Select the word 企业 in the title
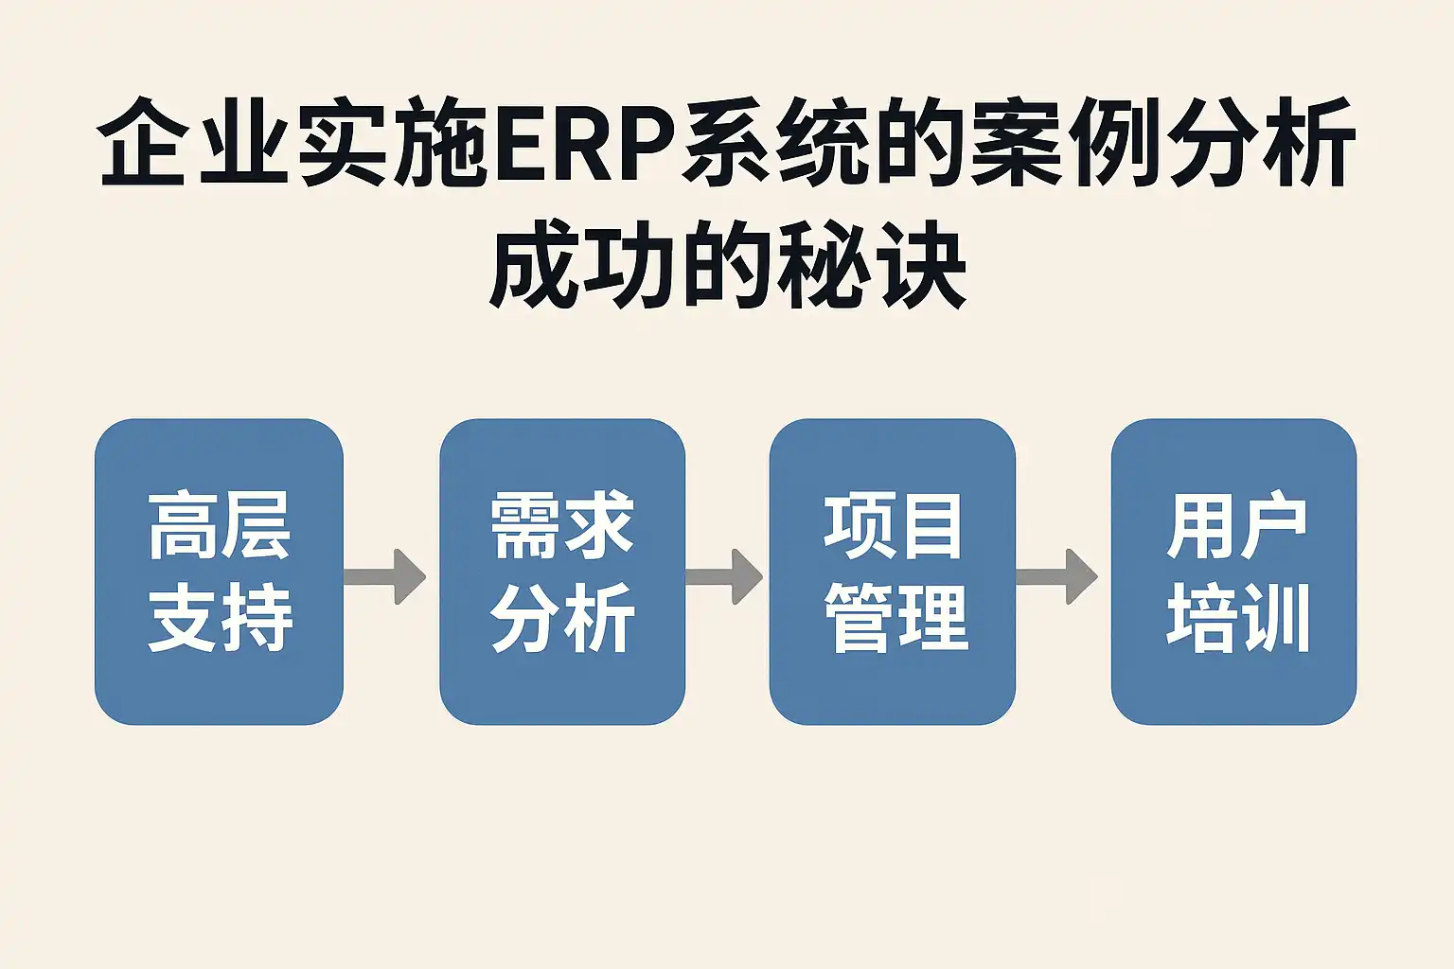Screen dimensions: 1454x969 [x=193, y=143]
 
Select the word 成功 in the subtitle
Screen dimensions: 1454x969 [x=583, y=265]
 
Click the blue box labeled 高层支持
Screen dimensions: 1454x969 [x=219, y=572]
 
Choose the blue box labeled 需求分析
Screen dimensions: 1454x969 [x=562, y=572]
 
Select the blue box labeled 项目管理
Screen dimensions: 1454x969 [x=893, y=572]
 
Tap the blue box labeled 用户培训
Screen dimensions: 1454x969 [x=1234, y=572]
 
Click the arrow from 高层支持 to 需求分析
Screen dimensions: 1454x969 [x=384, y=576]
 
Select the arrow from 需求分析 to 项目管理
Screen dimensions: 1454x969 [x=724, y=576]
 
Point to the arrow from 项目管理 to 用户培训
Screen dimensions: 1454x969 [x=1056, y=576]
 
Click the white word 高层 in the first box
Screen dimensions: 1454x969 [x=220, y=525]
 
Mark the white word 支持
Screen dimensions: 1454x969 [x=220, y=617]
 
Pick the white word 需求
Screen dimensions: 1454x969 [x=562, y=525]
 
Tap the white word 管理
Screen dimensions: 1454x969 [x=895, y=617]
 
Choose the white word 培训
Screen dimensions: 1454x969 [x=1237, y=617]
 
